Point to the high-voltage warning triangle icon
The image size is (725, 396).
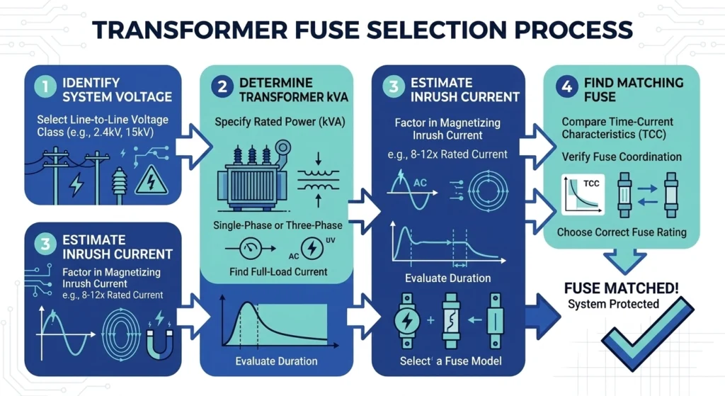pos(152,179)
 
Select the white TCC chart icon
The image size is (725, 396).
pos(580,193)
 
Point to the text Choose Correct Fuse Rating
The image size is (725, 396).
pos(620,232)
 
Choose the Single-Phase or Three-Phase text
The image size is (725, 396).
pos(278,225)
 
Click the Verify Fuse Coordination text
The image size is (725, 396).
pos(621,157)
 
